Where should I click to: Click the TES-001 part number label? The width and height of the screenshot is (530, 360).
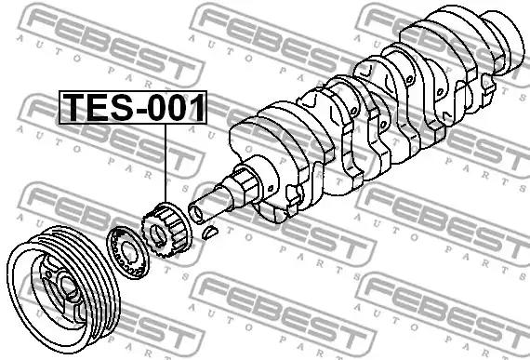(x=132, y=107)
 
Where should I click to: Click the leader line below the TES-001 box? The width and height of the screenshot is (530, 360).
(x=166, y=163)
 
